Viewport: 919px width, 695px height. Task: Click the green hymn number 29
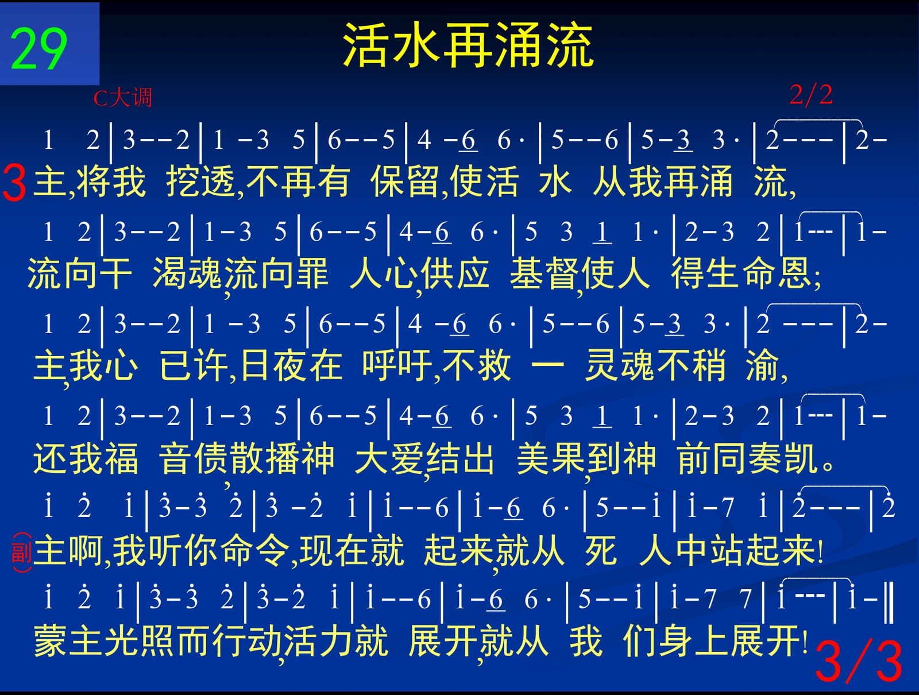pos(38,49)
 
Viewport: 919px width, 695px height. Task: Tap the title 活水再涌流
pos(468,45)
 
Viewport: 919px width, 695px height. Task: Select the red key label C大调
pos(122,98)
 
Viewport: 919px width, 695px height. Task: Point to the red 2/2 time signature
pos(811,95)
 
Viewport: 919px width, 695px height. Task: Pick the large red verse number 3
pos(14,183)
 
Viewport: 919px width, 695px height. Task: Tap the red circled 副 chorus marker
pos(22,553)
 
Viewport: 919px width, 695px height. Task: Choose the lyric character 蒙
pos(50,640)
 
